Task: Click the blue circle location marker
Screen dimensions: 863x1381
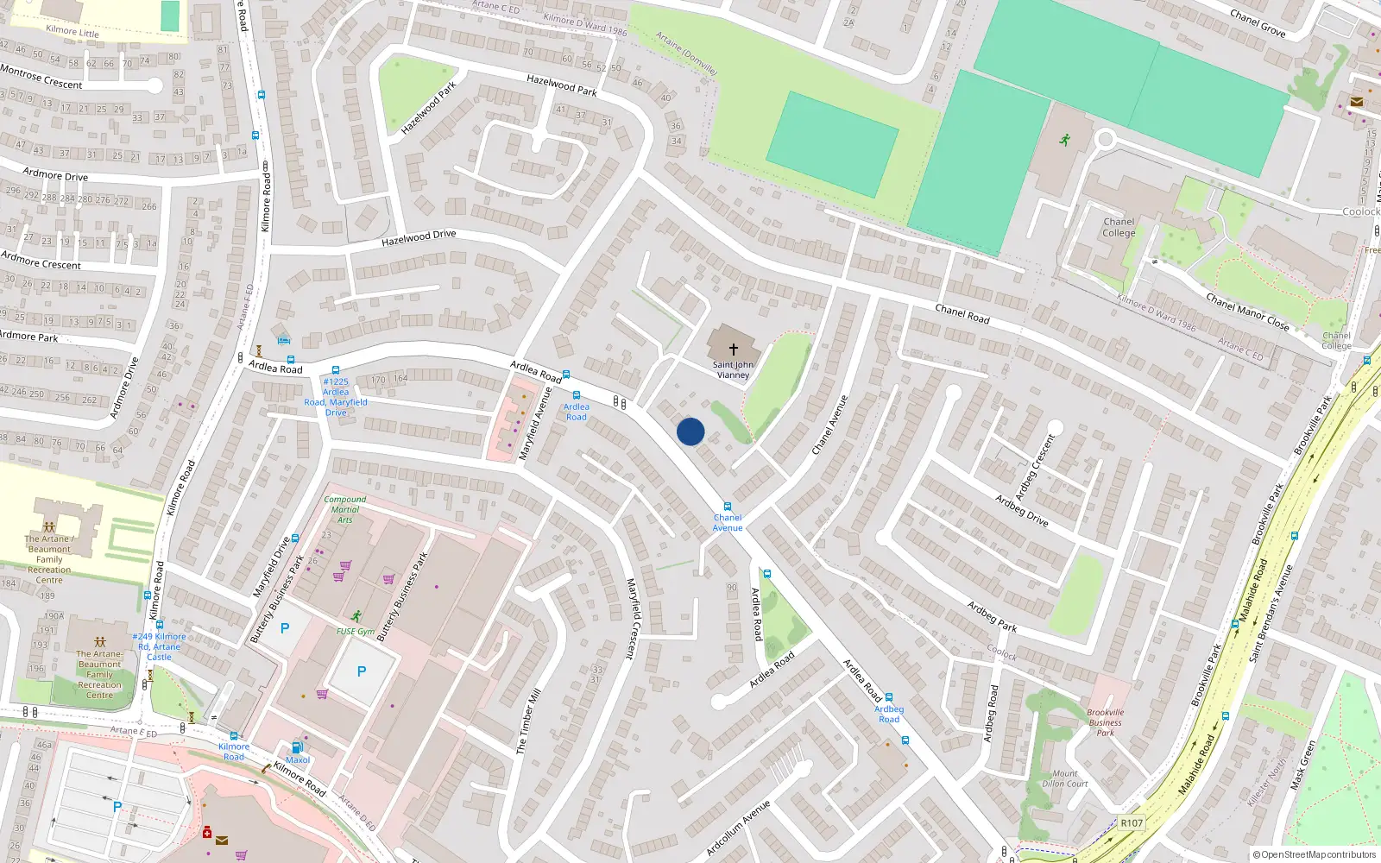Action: pos(690,431)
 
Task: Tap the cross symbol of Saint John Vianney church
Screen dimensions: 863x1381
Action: pos(734,350)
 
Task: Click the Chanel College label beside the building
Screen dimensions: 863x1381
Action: pos(1119,227)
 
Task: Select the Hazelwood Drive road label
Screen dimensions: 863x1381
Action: pos(419,237)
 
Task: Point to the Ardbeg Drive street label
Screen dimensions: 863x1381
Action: pos(1021,510)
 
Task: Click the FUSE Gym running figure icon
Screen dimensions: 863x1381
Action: pos(356,616)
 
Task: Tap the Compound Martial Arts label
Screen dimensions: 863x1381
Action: pos(344,509)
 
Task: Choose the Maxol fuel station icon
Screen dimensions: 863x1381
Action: pos(297,747)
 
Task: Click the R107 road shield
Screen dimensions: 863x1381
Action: pos(1132,822)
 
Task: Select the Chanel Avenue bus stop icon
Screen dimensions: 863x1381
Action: pos(728,507)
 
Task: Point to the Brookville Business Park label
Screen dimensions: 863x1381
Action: pos(1105,723)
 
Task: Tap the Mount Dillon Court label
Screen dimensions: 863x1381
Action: pos(1065,778)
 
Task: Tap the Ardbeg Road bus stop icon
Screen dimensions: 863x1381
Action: pos(888,697)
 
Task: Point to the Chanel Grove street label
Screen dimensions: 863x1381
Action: pos(1258,23)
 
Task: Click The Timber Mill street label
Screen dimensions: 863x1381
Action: pos(528,721)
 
